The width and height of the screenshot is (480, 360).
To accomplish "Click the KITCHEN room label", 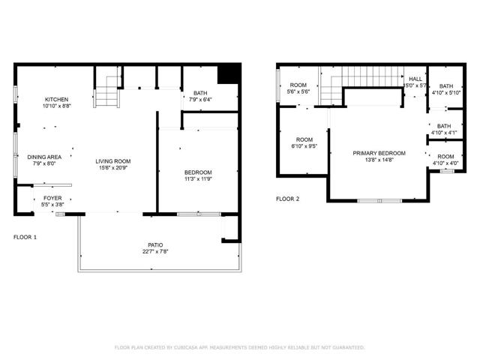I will (56, 100).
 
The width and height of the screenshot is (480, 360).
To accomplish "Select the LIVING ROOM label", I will (112, 160).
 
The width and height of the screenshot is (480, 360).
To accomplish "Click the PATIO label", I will (155, 245).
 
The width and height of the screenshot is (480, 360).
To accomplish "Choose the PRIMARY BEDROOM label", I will (379, 153).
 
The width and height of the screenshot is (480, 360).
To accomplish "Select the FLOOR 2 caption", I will (287, 199).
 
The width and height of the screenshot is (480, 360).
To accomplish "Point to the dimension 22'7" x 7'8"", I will (155, 252).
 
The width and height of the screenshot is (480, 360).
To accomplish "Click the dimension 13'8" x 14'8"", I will (379, 160).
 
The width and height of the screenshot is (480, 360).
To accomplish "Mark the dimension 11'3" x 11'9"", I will (199, 178).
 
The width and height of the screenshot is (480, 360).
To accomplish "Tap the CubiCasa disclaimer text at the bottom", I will (239, 347).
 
